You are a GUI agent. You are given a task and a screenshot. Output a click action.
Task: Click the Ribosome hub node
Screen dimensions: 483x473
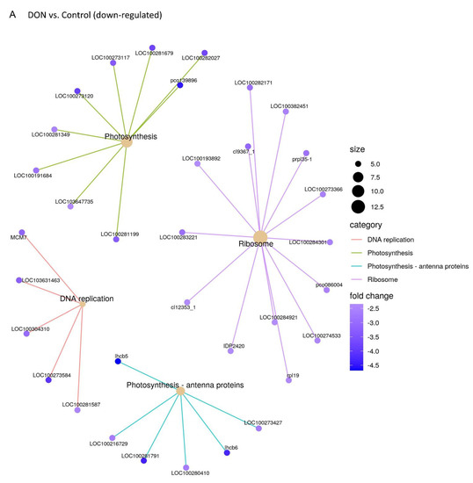(x=259, y=236)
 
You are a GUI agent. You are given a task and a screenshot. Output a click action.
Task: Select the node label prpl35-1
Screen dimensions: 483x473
(x=302, y=159)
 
